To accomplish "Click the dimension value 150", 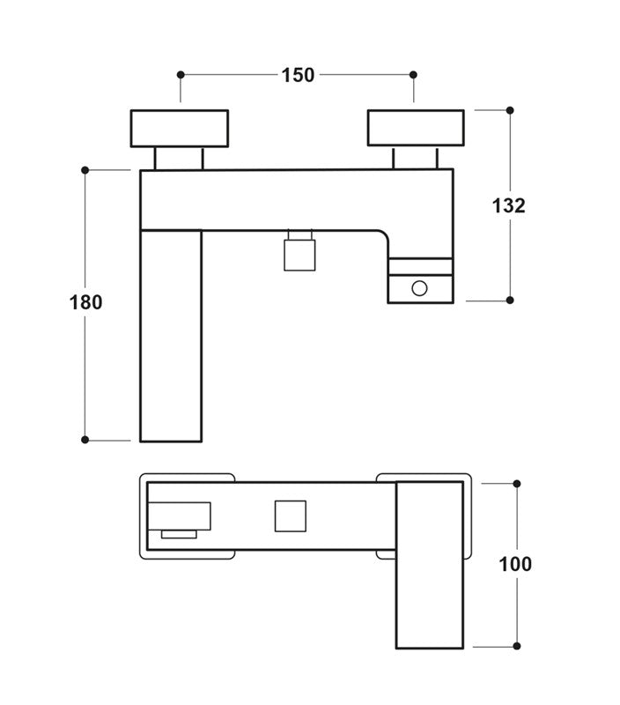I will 298,75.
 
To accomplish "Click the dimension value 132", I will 508,204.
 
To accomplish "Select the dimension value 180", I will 86,302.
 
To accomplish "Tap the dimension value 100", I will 515,564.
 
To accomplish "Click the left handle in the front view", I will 180,128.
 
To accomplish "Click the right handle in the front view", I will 416,128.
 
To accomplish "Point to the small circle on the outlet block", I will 420,287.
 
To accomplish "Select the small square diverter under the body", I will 299,255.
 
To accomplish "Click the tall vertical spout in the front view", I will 171,335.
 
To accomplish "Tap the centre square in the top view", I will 290,516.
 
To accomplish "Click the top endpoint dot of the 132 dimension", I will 509,110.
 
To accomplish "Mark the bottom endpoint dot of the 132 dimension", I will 509,301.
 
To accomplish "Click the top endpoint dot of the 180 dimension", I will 85,169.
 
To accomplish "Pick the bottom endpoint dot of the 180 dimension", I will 85,440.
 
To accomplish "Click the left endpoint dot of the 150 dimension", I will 181,75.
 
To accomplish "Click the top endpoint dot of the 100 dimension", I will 517,483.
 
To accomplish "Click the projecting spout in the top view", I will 430,564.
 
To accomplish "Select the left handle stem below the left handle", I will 180,158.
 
